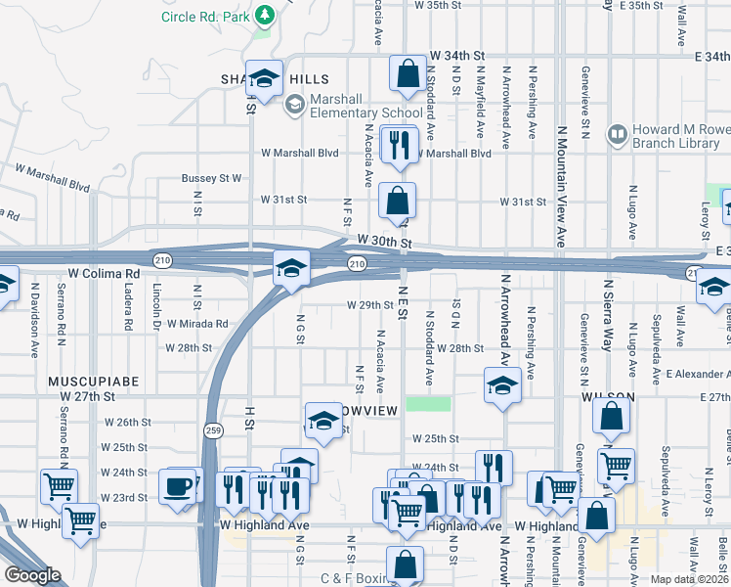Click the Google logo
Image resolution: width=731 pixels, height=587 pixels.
click(x=31, y=575)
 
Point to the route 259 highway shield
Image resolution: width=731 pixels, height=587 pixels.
click(x=212, y=429)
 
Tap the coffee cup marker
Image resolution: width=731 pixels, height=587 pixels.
click(x=178, y=486)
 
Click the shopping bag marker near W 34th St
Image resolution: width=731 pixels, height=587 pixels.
click(x=408, y=72)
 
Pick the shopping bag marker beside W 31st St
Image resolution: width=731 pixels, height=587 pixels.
click(x=397, y=201)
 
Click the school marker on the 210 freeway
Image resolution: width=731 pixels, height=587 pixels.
click(x=290, y=268)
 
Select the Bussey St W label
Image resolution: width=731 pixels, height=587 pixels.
click(x=211, y=179)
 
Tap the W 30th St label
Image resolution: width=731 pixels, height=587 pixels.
click(x=385, y=240)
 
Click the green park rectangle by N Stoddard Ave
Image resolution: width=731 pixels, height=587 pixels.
click(x=429, y=403)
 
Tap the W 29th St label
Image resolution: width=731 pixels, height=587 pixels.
click(x=369, y=305)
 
